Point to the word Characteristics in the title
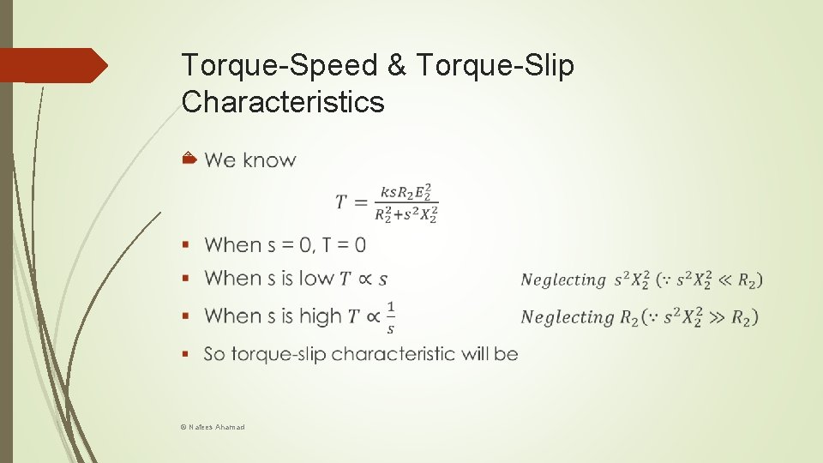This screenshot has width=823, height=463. coord(284,102)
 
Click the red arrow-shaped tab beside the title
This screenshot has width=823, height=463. coord(54,65)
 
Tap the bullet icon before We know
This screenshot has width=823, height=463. coord(190,159)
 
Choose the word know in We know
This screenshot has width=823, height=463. coord(269,160)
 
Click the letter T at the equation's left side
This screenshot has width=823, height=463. coord(341,202)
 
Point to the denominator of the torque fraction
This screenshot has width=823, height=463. coord(406,215)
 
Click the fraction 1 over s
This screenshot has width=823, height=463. coord(391,316)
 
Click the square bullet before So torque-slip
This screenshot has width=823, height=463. coord(186,353)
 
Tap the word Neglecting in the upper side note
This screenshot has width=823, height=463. coord(563,280)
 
